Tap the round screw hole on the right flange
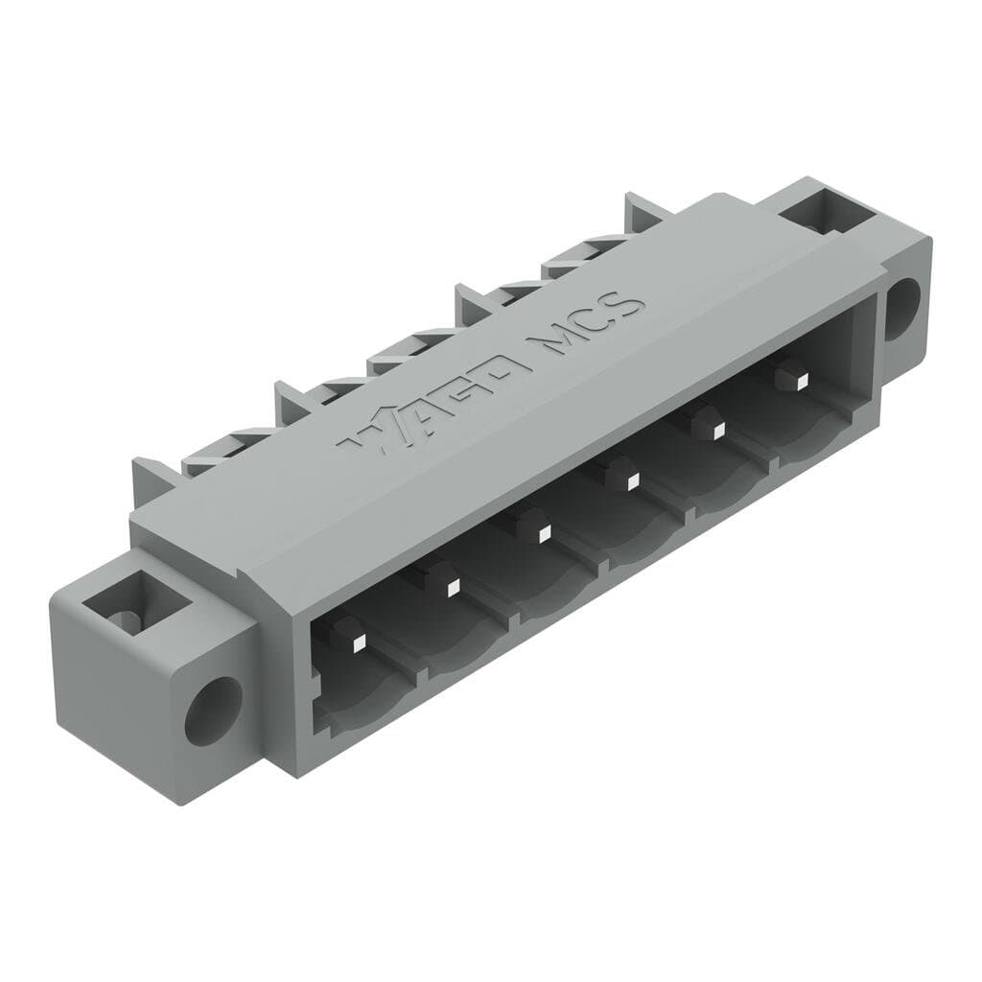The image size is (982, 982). (x=901, y=308)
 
